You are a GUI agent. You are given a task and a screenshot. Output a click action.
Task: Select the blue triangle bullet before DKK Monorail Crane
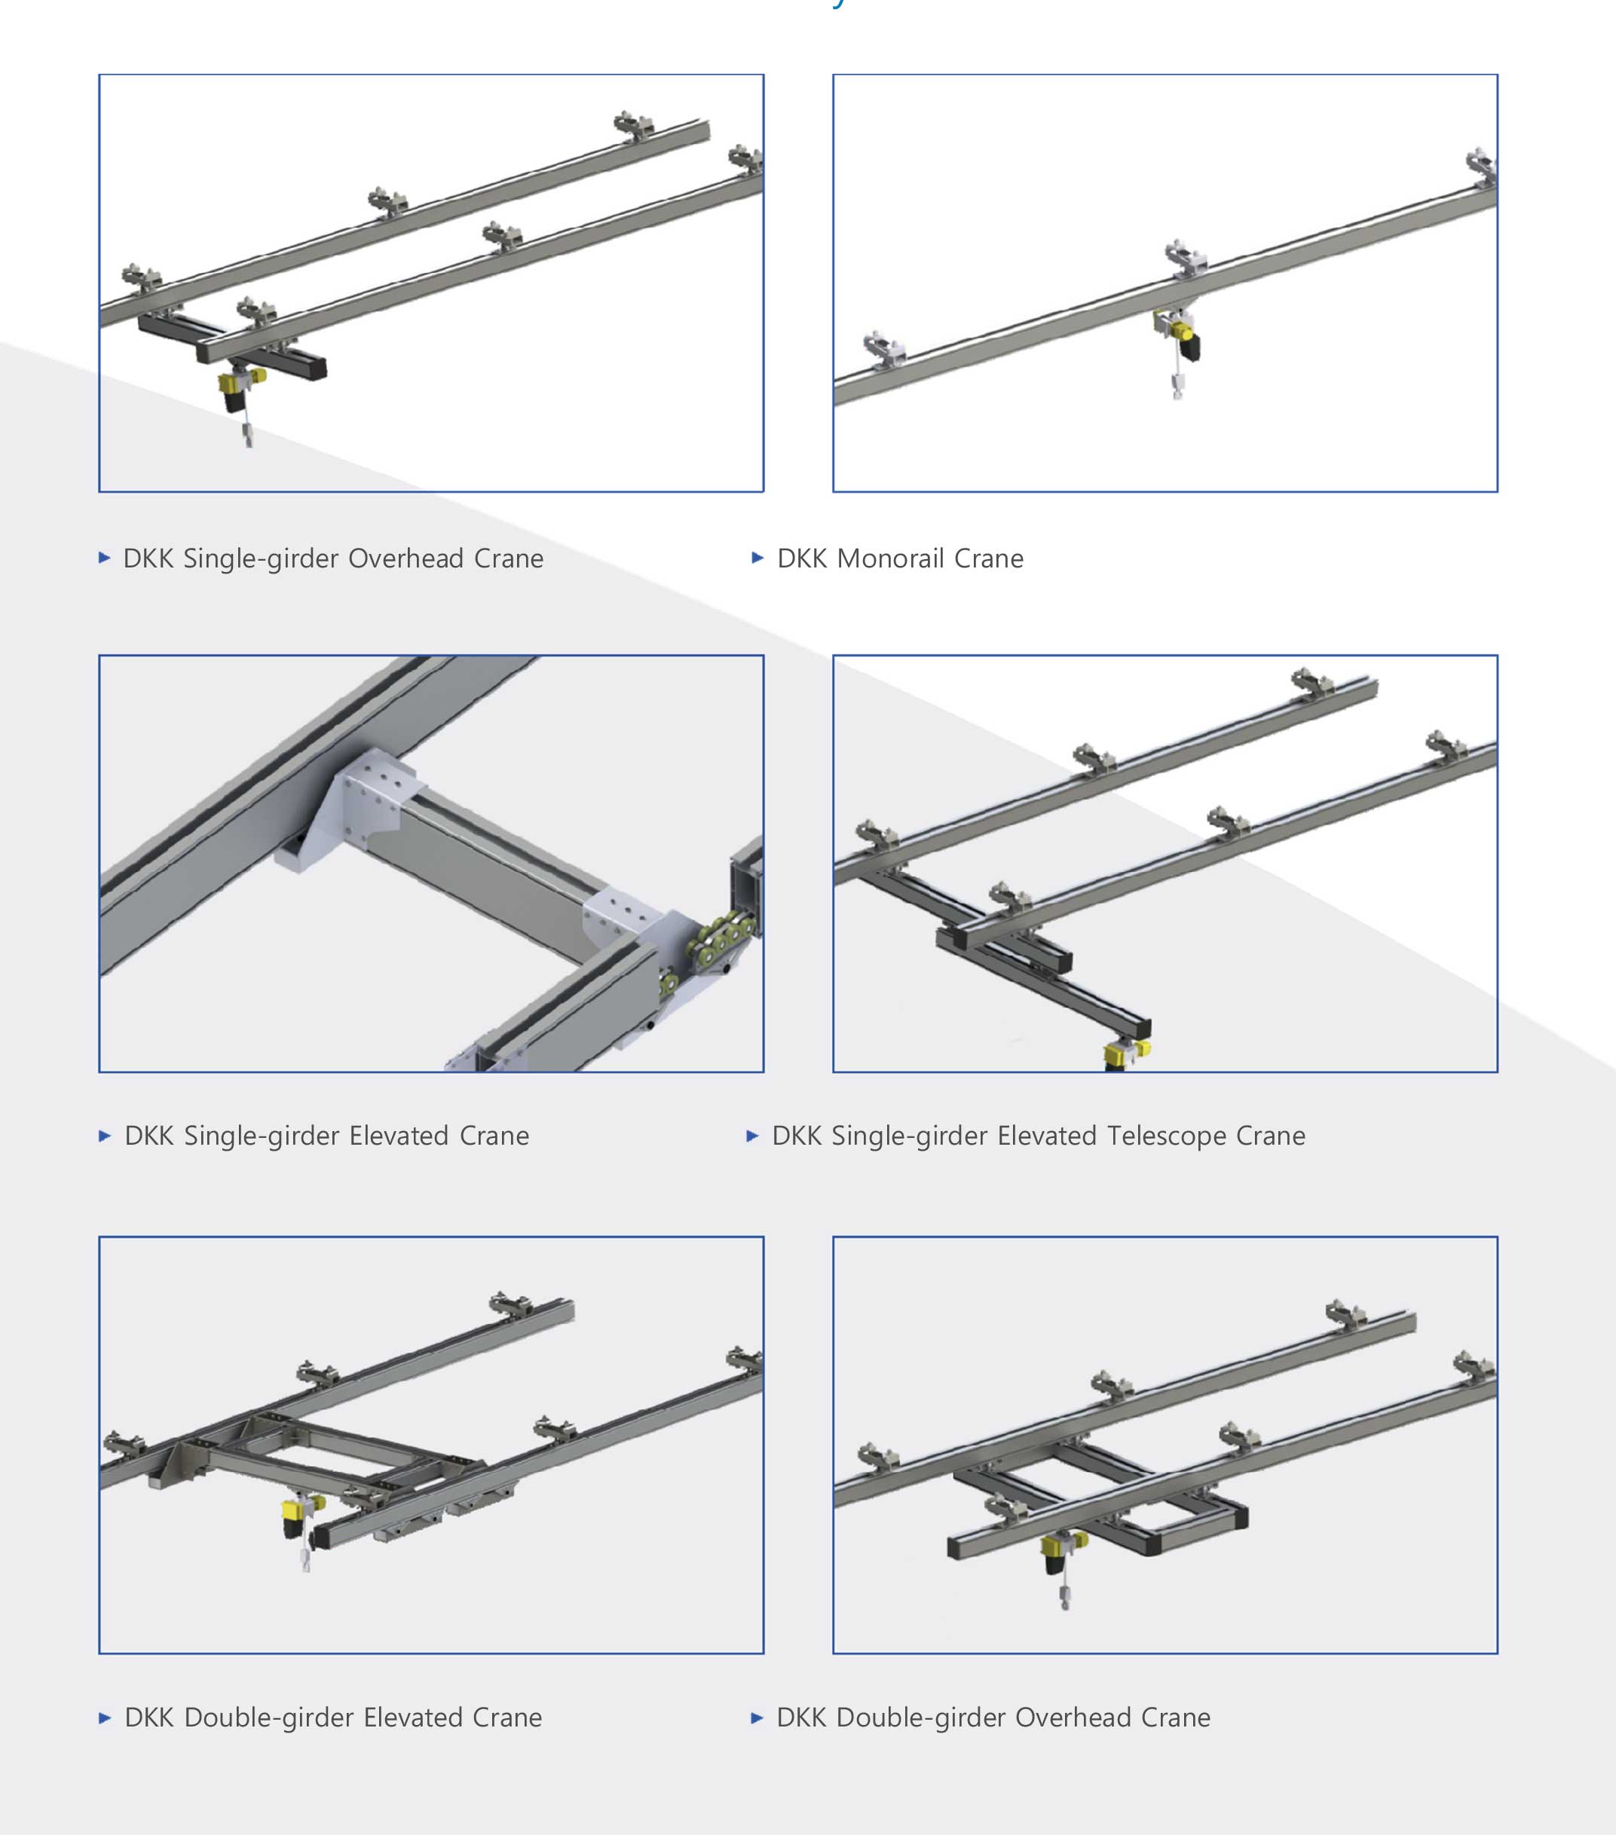(x=757, y=558)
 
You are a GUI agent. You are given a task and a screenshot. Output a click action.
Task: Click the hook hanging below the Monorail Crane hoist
(x=1177, y=389)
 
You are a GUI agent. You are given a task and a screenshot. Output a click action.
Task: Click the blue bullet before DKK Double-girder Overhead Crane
(x=757, y=1717)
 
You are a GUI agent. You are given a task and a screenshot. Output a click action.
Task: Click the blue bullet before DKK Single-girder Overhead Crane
(x=104, y=558)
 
